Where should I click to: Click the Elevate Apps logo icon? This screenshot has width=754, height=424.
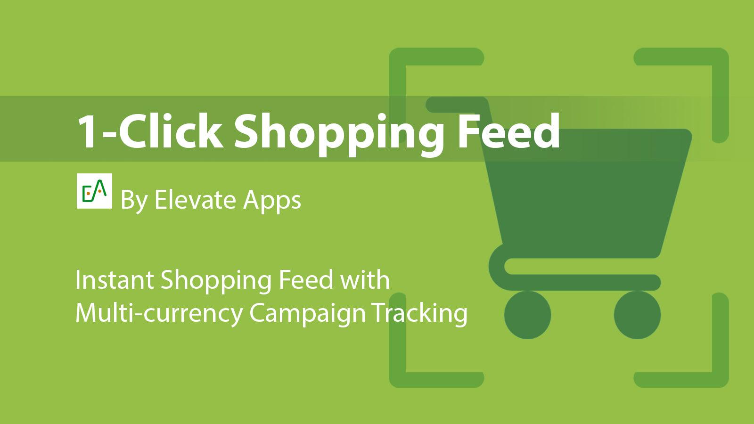tap(94, 191)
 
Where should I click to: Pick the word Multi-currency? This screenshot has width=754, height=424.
tap(158, 313)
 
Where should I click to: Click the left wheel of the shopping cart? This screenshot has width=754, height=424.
tap(527, 315)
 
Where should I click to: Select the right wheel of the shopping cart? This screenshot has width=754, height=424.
tap(637, 315)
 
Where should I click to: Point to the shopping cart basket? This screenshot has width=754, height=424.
tap(584, 188)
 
